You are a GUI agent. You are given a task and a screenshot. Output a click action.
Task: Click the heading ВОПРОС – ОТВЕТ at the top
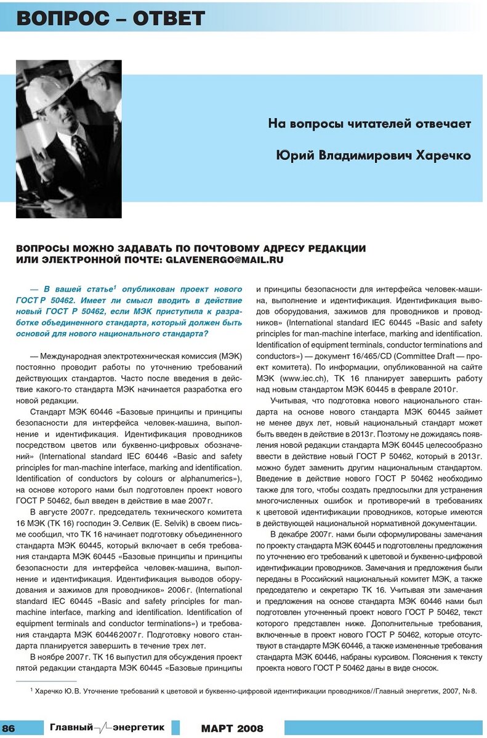[x=111, y=18]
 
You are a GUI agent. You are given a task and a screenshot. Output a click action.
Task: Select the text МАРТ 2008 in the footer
[x=232, y=729]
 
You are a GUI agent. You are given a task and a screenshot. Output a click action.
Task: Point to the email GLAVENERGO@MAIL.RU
[x=225, y=260]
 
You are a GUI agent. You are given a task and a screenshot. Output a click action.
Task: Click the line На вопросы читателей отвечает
[x=369, y=124]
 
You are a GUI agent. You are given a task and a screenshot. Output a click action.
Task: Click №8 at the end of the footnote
[x=469, y=692]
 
